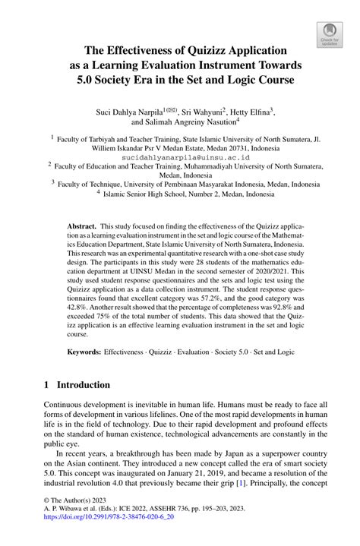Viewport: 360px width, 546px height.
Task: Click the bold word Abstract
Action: pos(81,227)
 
